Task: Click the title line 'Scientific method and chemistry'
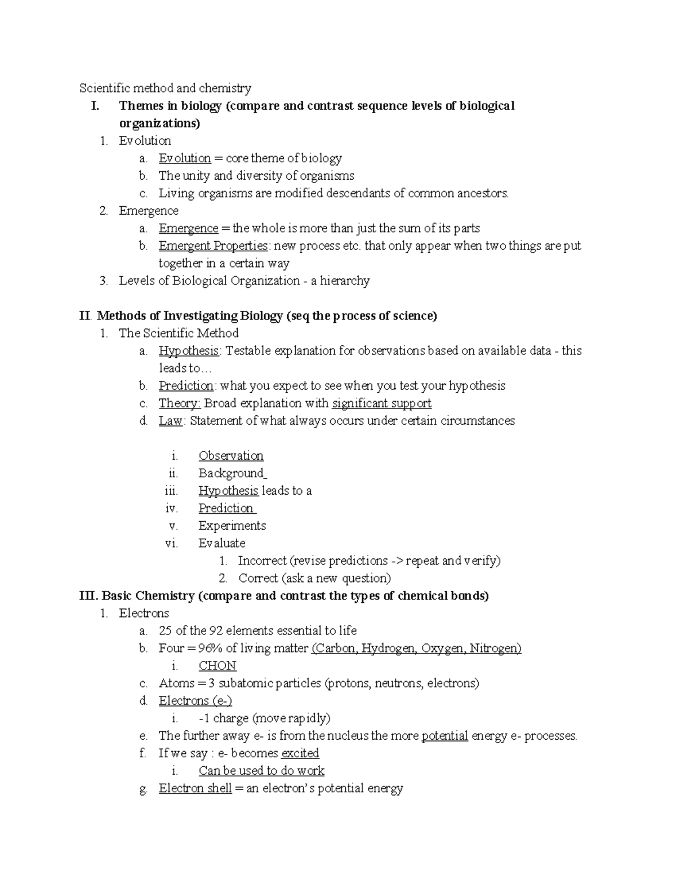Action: coord(165,88)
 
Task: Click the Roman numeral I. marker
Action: coord(95,106)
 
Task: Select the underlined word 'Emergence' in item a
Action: coord(188,228)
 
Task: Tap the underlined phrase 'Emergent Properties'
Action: coord(213,246)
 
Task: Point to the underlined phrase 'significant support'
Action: coord(381,403)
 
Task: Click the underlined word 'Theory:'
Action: coord(179,403)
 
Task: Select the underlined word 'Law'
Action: coord(171,421)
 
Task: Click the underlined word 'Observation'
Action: coord(230,456)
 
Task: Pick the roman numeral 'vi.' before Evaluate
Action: coord(171,543)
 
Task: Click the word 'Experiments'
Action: coord(232,526)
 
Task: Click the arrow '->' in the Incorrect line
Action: coord(397,561)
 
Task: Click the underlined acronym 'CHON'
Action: coord(217,666)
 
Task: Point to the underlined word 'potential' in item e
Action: coord(444,736)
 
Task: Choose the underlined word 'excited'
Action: coord(300,753)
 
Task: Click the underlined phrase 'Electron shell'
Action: coord(195,788)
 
